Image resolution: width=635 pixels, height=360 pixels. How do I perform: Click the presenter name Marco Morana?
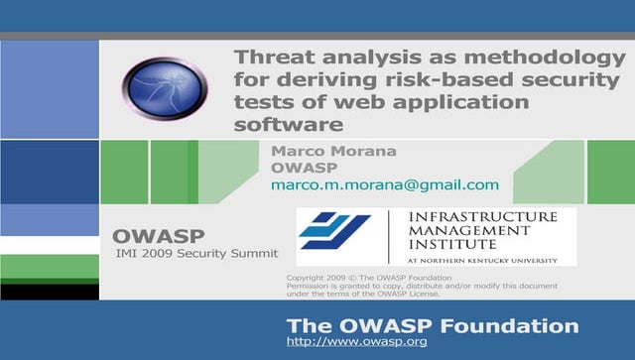tap(320, 151)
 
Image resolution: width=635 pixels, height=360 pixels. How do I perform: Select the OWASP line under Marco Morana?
tap(299, 168)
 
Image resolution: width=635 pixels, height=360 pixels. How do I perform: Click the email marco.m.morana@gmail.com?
tap(384, 185)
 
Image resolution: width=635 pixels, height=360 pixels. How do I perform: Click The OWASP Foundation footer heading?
tap(432, 325)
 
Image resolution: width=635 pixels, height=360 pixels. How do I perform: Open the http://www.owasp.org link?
tap(356, 342)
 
